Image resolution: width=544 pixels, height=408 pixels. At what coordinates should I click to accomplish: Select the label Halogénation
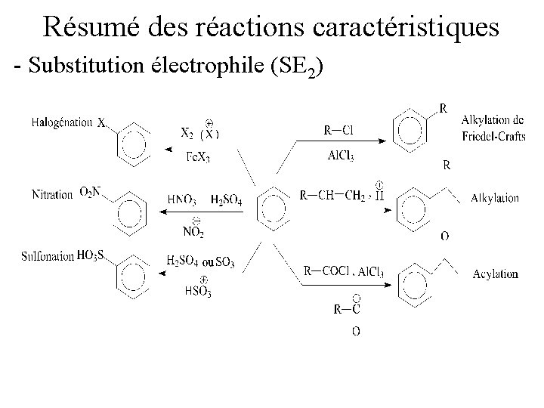[x=62, y=122]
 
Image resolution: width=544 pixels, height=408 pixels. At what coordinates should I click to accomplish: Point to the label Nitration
[x=52, y=195]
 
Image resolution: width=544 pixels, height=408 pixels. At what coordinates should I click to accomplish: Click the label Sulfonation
[x=48, y=257]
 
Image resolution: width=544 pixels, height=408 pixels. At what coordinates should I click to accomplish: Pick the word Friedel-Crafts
[x=492, y=137]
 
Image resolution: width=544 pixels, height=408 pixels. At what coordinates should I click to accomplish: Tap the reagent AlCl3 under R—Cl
[x=341, y=156]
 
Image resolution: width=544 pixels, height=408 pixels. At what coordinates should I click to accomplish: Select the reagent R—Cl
[x=338, y=130]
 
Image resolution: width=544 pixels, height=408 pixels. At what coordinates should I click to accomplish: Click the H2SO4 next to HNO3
[x=226, y=200]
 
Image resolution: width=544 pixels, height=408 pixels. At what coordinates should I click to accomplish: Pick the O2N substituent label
[x=89, y=194]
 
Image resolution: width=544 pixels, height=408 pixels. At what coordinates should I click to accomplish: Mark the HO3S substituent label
[x=91, y=256]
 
